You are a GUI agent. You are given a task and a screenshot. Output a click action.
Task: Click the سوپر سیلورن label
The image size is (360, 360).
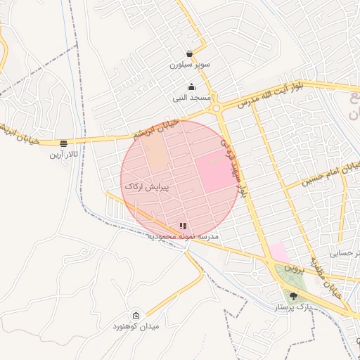pyautogui.click(x=189, y=65)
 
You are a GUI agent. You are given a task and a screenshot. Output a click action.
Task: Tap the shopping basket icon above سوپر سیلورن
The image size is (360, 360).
pyautogui.click(x=190, y=53)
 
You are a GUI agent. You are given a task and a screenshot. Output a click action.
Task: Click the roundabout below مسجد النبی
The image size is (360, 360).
pyautogui.click(x=217, y=108)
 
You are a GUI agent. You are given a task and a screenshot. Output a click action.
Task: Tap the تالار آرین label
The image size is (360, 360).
pyautogui.click(x=64, y=153)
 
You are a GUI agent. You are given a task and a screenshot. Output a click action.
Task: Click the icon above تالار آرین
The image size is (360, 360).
pyautogui.click(x=64, y=142)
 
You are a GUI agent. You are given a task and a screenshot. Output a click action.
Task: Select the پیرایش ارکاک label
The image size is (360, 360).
pyautogui.click(x=147, y=187)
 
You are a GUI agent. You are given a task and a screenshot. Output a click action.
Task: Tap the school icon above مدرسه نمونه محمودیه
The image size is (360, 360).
pyautogui.click(x=183, y=226)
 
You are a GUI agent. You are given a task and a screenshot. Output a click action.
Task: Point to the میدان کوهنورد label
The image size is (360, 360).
pyautogui.click(x=136, y=327)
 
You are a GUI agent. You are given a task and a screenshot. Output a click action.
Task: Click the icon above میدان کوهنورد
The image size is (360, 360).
pyautogui.click(x=136, y=316)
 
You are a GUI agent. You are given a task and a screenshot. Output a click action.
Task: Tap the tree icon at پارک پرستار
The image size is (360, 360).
pyautogui.click(x=292, y=296)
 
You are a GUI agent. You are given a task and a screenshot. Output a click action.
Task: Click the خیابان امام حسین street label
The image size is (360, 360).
pyautogui.click(x=330, y=173)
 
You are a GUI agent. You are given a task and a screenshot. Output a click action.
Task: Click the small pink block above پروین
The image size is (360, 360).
pyautogui.click(x=278, y=252)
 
